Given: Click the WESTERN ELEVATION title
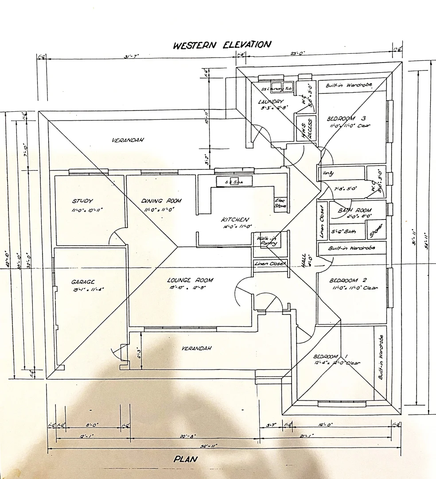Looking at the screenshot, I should pyautogui.click(x=222, y=45).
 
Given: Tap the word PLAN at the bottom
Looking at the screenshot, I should pyautogui.click(x=185, y=459).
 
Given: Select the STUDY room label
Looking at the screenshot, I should pyautogui.click(x=83, y=201).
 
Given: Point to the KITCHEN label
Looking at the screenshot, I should pyautogui.click(x=235, y=220).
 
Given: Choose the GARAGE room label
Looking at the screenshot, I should pyautogui.click(x=83, y=282).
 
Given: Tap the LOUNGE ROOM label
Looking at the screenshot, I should pyautogui.click(x=190, y=280).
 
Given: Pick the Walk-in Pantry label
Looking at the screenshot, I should pyautogui.click(x=267, y=241).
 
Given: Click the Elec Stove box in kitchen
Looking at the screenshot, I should pyautogui.click(x=280, y=203).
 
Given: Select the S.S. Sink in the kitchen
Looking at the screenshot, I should pyautogui.click(x=234, y=181).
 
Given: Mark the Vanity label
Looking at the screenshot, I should pyautogui.click(x=328, y=173).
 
